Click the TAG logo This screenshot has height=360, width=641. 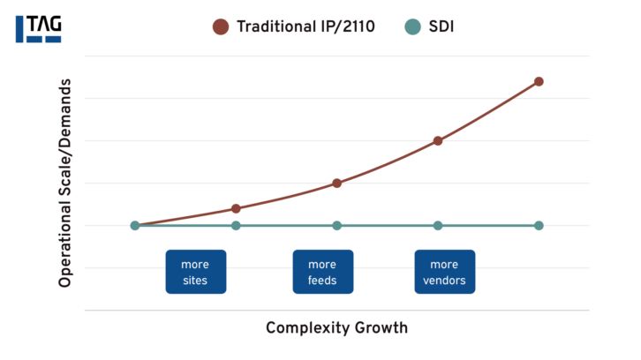click(38, 27)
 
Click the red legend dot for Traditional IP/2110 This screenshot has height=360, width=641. click(221, 26)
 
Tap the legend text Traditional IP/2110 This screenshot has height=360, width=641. click(305, 26)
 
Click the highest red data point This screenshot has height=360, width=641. click(539, 81)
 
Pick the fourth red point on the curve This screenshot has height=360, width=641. click(438, 140)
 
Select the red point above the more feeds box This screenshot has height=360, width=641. click(336, 183)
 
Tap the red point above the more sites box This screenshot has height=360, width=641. click(236, 208)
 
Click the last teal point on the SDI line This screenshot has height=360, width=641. click(539, 225)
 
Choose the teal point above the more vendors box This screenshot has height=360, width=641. click(438, 225)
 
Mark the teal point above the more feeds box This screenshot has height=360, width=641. click(336, 225)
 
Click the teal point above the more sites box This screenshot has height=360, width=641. click(236, 225)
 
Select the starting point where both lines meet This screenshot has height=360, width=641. click(135, 225)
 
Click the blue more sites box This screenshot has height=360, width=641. click(195, 272)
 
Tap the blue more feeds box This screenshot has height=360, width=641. click(322, 272)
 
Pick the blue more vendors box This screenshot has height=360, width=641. click(444, 272)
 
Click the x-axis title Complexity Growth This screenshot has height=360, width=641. click(336, 328)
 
